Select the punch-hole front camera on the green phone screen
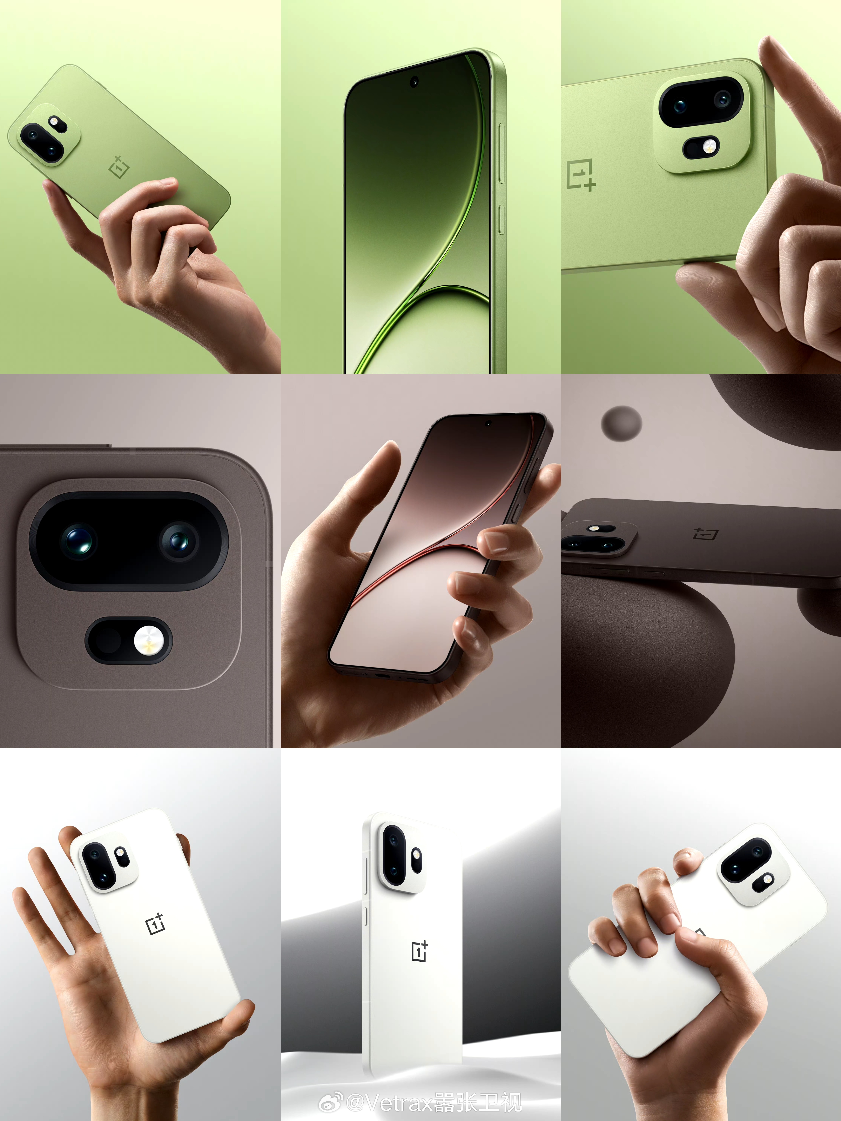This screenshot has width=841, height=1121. pos(414,81)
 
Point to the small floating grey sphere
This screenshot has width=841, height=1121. pos(622,423)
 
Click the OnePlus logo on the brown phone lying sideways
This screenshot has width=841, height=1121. pos(706,534)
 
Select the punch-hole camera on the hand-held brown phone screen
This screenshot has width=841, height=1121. pos(488,423)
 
